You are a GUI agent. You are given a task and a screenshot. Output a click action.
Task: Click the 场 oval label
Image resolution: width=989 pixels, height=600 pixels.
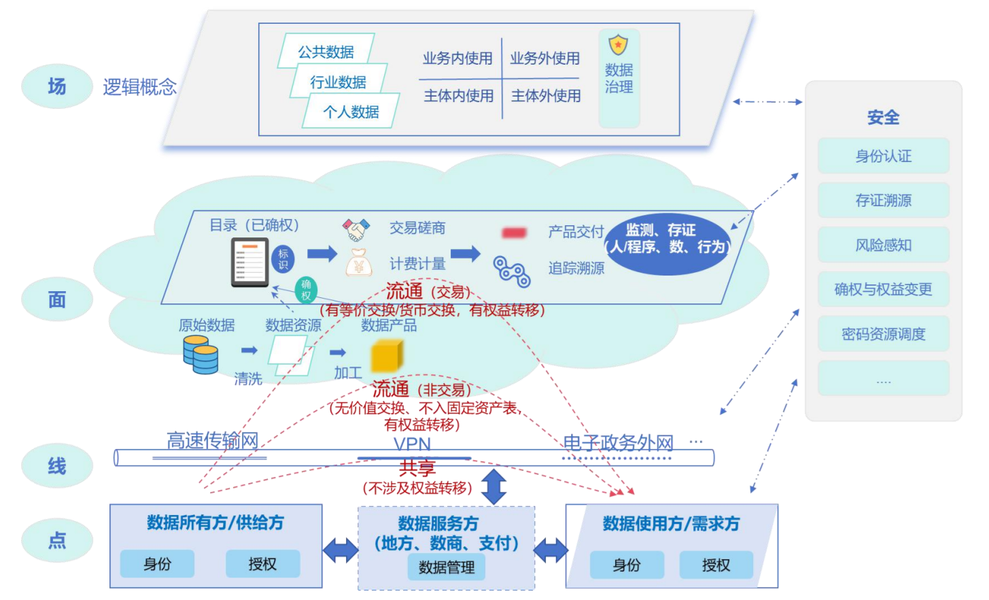tap(57, 86)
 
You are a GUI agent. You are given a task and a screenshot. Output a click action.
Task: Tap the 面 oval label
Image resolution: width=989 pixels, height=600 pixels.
tap(57, 299)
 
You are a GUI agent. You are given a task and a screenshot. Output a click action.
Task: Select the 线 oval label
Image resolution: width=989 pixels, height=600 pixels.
tap(57, 466)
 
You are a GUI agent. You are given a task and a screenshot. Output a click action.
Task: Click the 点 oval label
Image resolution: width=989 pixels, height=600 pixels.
tap(57, 540)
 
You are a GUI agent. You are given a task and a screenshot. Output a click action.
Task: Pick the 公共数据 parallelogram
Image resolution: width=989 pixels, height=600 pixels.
tap(326, 51)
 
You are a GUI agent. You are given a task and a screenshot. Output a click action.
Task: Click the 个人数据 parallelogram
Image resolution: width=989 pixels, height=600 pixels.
tap(351, 111)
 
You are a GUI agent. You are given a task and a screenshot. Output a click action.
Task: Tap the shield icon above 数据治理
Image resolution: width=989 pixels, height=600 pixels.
tap(618, 45)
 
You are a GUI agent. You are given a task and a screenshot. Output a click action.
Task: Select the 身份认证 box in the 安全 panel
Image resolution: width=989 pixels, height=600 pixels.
tap(883, 156)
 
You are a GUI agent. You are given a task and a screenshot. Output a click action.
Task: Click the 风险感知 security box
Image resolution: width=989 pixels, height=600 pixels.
tap(883, 245)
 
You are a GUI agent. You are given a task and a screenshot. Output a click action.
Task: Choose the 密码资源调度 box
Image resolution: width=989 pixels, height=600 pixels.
tap(883, 333)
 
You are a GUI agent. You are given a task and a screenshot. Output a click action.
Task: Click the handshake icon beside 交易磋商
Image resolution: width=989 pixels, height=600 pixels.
tap(356, 229)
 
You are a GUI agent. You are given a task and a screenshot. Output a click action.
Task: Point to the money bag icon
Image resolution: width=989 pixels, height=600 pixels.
tap(358, 263)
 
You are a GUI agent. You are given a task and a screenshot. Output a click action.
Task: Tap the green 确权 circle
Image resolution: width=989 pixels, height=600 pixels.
tap(306, 290)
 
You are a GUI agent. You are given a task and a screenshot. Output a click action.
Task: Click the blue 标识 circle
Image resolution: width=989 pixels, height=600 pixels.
tap(283, 259)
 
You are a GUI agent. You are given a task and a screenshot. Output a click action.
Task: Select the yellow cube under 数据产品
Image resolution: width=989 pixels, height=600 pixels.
tap(387, 356)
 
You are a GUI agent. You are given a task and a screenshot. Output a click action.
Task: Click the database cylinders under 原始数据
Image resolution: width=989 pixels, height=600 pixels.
tap(201, 354)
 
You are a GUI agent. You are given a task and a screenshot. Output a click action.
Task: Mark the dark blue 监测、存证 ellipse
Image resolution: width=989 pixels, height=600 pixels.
tap(667, 244)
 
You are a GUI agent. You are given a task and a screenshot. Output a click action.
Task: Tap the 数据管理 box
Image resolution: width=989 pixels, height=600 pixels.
tap(447, 567)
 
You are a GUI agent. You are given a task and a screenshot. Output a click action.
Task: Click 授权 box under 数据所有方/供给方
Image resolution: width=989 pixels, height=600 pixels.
tap(262, 564)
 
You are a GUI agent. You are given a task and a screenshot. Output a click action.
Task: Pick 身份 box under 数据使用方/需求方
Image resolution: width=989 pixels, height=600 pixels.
tap(627, 565)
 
